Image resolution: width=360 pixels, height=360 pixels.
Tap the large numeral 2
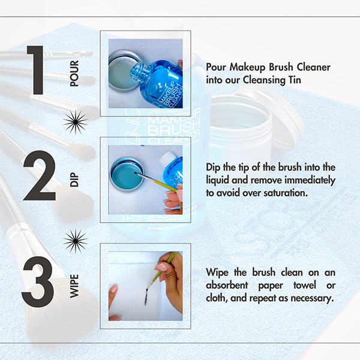[39, 175]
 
